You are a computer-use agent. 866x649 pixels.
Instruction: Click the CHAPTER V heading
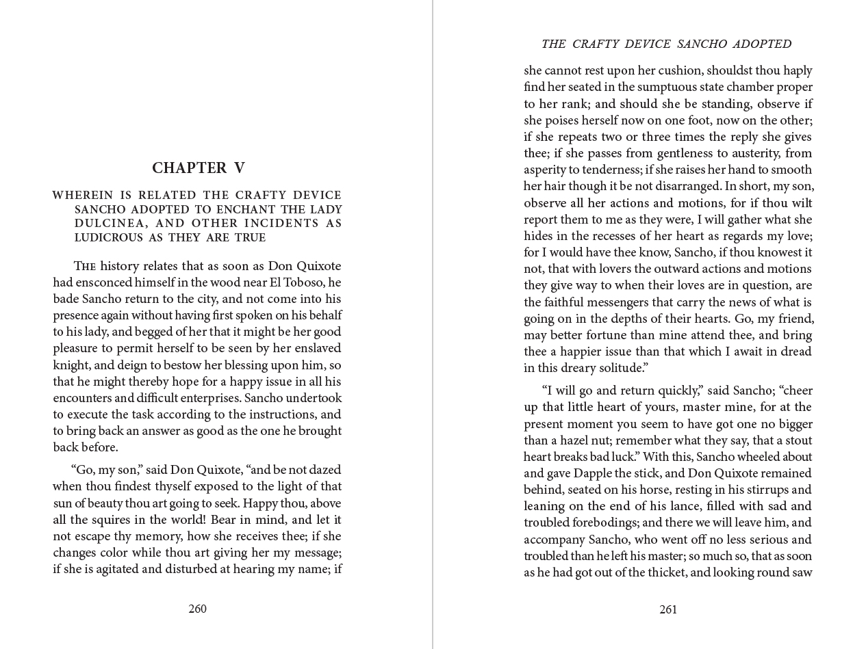[198, 168]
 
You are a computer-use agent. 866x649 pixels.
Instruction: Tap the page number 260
[197, 609]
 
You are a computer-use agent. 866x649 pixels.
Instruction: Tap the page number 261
[668, 609]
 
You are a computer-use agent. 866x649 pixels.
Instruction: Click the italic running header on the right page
[666, 44]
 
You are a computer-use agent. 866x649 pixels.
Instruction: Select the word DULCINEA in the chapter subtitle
[103, 224]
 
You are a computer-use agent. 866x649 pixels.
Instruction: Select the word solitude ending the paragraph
[621, 368]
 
